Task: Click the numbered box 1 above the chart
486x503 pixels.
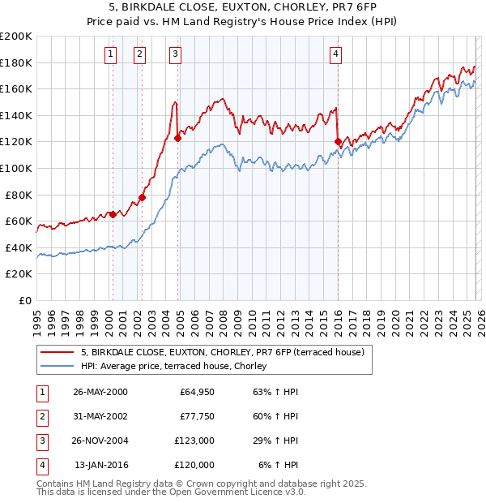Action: (110, 54)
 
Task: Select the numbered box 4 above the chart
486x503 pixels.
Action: (335, 54)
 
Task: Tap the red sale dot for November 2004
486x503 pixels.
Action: (178, 138)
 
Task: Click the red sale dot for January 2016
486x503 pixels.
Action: (338, 142)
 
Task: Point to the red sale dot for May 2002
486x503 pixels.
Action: (142, 197)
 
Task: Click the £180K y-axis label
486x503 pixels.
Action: (16, 62)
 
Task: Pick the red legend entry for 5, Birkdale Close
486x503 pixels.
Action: (223, 352)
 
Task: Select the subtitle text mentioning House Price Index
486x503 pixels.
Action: (243, 21)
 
